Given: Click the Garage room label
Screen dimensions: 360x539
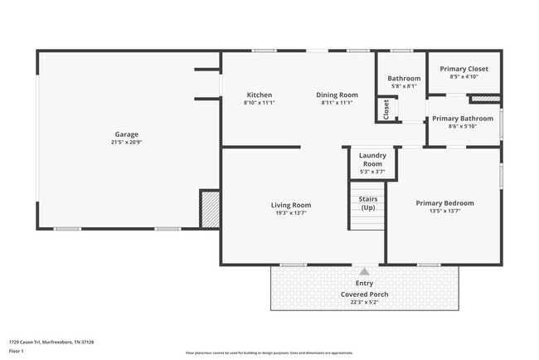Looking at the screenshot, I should point(127,134).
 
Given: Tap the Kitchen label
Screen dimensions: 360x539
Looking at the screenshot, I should point(259,95).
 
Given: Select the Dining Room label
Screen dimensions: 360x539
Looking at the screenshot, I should point(337,95).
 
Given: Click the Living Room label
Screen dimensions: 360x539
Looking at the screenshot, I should point(290,205).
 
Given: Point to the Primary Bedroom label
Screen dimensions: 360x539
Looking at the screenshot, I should point(444,203).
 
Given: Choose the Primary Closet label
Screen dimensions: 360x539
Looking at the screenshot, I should point(464,69).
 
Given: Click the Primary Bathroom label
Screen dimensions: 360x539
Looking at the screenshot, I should point(463,119).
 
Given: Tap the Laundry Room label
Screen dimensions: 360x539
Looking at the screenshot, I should point(372,159).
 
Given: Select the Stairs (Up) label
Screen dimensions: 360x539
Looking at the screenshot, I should point(367,203).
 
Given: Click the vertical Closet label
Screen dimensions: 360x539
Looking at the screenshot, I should point(386,109).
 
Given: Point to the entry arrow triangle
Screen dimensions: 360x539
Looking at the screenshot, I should point(364,270).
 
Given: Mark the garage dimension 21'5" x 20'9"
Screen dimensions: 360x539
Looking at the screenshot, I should point(127,142).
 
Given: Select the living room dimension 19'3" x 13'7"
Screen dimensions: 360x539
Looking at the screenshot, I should point(290,212).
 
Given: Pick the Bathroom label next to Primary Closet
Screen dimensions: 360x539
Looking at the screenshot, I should point(404,79).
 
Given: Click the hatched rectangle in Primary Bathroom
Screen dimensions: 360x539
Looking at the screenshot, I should point(485,100).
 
